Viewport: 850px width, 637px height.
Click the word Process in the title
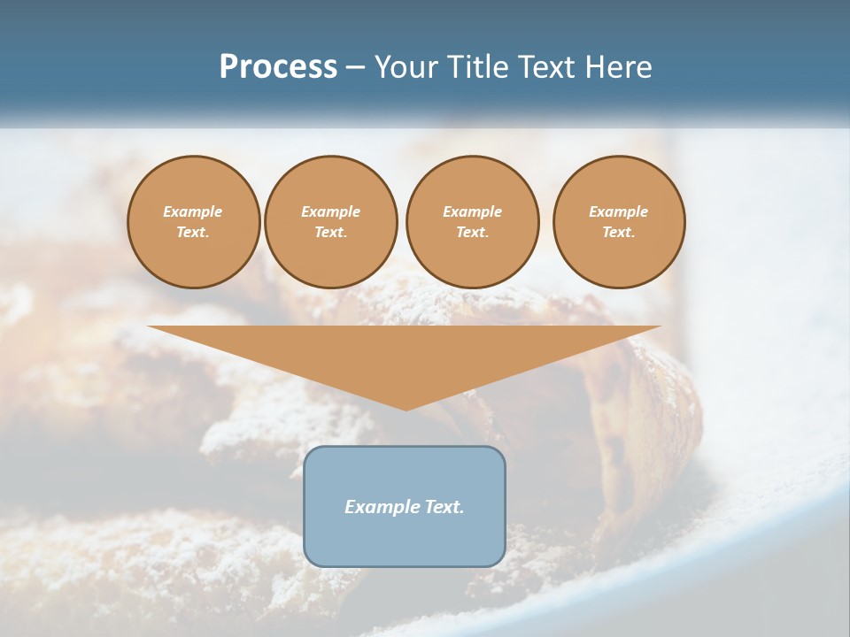click(x=278, y=67)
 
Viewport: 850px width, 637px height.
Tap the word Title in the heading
click(x=475, y=67)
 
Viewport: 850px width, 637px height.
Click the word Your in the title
click(x=407, y=67)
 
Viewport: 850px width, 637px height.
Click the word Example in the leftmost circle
click(x=193, y=211)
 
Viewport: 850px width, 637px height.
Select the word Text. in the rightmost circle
click(x=619, y=232)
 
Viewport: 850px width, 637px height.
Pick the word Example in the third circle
click(x=472, y=211)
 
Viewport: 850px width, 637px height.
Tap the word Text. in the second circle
click(x=330, y=232)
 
